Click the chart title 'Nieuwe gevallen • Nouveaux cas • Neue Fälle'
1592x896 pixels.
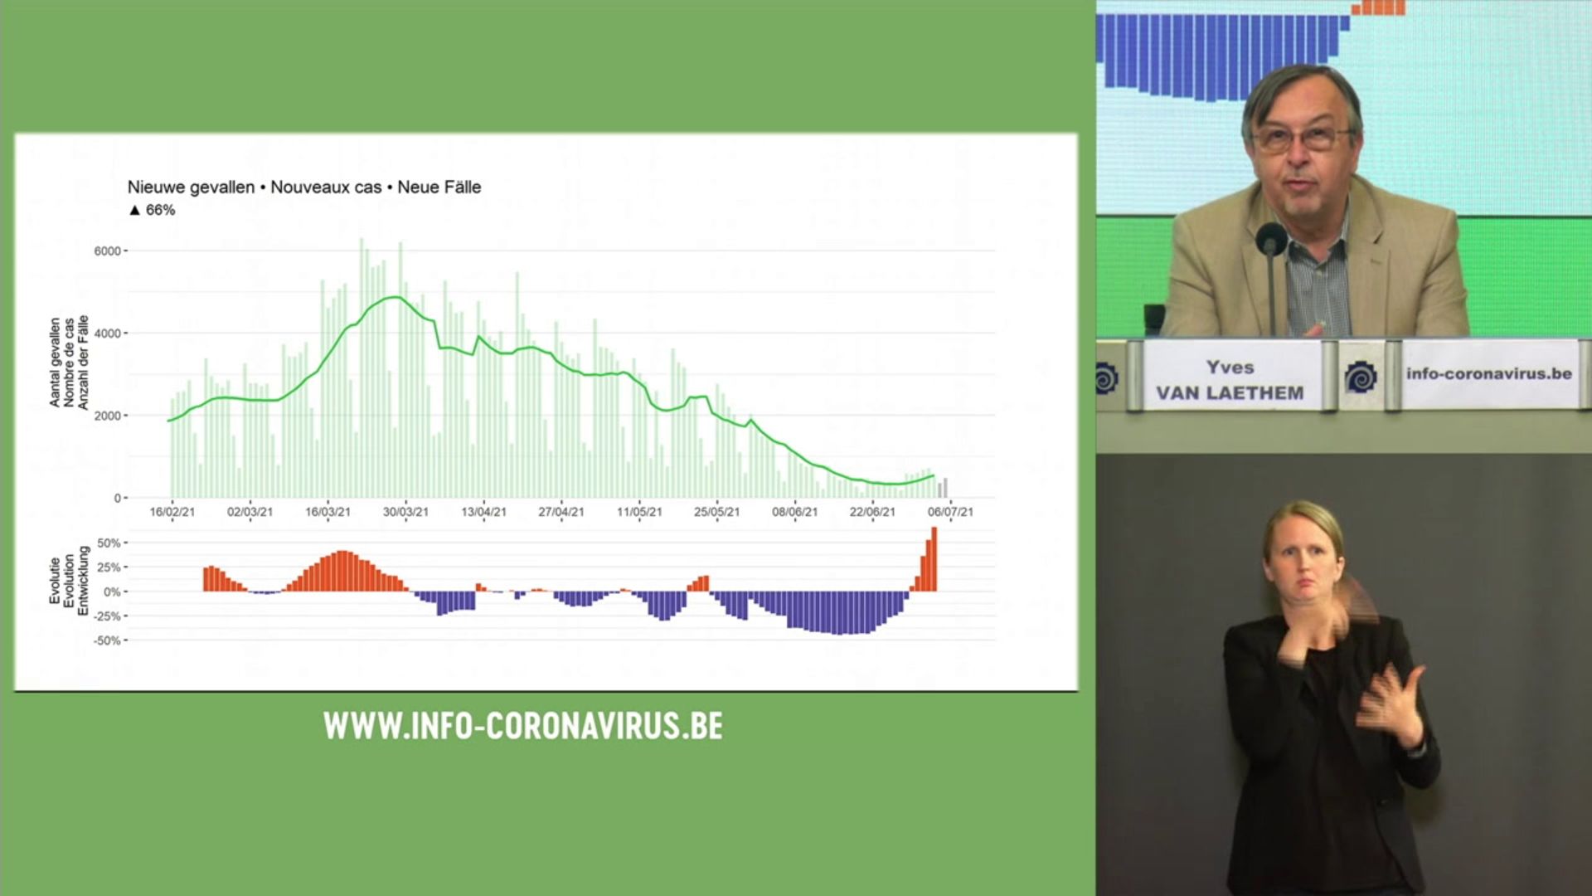pos(304,187)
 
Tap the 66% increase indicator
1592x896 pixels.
pos(153,210)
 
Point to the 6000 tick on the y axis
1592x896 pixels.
pos(108,251)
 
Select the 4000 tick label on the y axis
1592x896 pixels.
pos(108,334)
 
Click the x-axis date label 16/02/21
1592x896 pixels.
pos(172,512)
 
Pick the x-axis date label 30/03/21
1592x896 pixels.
pos(405,512)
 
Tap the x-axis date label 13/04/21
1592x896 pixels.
pos(483,512)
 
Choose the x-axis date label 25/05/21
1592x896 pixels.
pos(716,512)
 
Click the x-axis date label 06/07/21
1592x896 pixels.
pos(950,512)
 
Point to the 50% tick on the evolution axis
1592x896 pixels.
pos(109,543)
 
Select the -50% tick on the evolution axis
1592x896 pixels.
pos(108,640)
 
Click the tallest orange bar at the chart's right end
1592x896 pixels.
pos(934,559)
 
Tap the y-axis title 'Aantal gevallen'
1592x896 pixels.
pos(55,363)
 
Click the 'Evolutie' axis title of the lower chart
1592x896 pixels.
pos(55,581)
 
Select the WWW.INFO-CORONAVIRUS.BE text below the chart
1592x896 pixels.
pos(523,726)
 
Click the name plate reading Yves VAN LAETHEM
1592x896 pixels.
pos(1230,380)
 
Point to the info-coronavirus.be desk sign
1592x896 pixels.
pos(1488,374)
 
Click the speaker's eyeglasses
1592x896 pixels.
pos(1302,138)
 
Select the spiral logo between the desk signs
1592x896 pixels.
pos(1361,377)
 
